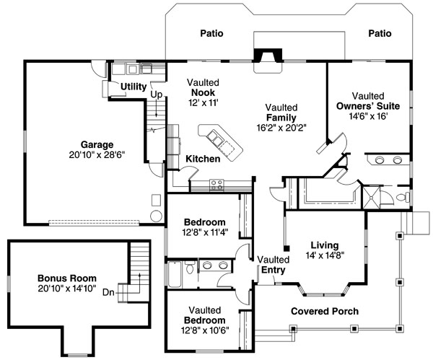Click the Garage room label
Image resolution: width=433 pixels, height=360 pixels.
point(97,145)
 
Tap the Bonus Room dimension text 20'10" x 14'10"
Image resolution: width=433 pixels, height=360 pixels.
point(67,289)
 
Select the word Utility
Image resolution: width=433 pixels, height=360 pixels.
point(134,87)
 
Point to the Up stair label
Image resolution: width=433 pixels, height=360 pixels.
point(157,95)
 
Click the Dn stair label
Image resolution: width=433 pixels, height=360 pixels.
point(108,292)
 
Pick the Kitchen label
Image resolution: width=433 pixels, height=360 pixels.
point(203,159)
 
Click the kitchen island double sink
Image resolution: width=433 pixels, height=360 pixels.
point(215,137)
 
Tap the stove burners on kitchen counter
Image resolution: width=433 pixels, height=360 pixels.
point(216,185)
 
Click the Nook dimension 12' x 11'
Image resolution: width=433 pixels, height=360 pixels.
point(204,102)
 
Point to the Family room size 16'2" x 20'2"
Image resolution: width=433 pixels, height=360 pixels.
point(281,128)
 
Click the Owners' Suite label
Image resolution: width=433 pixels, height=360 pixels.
point(368,106)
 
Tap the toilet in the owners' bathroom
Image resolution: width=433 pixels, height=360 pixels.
point(403,197)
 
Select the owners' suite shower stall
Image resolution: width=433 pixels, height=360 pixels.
point(371,198)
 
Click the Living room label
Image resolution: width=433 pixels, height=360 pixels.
point(325,245)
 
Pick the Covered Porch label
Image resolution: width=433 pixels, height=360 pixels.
point(325,311)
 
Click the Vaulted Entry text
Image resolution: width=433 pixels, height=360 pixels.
point(274,265)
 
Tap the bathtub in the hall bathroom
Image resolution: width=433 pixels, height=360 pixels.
point(175,274)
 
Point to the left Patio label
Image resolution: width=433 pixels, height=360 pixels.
point(211,33)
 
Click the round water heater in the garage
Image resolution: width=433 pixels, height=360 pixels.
point(156,216)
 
